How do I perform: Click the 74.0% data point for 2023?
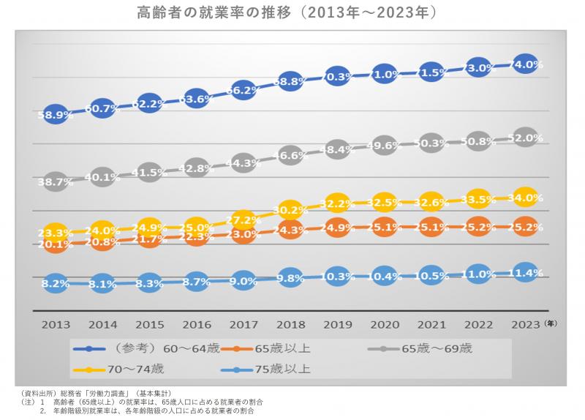coord(525,64)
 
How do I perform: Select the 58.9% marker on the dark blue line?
coord(56,115)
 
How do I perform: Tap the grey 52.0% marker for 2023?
coord(525,137)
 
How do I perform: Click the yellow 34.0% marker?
coord(525,198)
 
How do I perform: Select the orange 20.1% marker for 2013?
coord(56,245)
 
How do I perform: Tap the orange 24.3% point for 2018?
coord(290,230)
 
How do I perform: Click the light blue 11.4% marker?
coord(525,273)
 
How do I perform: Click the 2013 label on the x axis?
coord(56,323)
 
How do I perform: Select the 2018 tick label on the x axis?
coord(290,323)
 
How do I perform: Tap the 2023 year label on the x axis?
coord(525,323)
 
